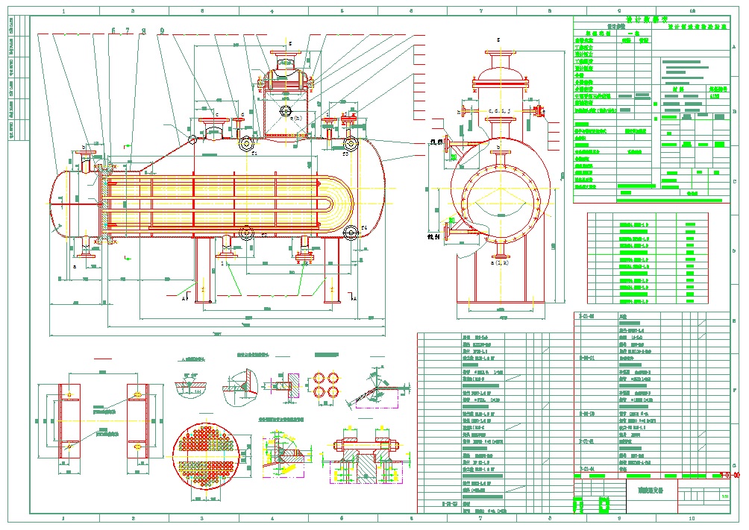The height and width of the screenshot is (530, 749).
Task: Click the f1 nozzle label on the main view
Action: pos(254,155)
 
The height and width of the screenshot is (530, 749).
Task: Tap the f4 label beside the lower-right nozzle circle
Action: pos(364,227)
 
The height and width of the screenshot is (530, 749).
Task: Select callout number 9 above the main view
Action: pos(162,31)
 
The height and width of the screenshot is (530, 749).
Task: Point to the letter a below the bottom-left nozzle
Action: pos(75,265)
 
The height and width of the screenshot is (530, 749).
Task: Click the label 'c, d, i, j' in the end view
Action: pos(499,111)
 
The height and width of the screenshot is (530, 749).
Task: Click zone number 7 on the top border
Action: pos(481,11)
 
